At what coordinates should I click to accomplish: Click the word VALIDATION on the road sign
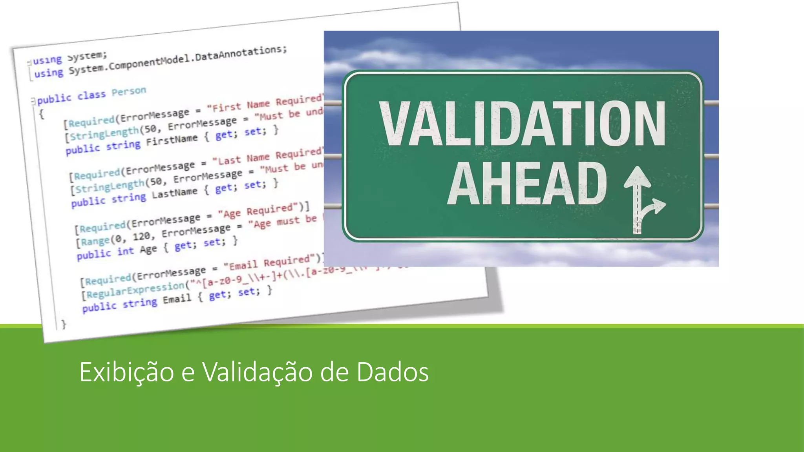[x=522, y=124]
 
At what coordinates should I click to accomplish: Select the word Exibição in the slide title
[x=126, y=372]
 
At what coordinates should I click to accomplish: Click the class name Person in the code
[x=128, y=92]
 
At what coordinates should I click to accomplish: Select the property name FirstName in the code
[x=172, y=140]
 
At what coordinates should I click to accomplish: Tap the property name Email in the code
[x=177, y=299]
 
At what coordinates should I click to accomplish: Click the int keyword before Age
[x=126, y=251]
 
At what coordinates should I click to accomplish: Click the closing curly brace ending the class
[x=64, y=324]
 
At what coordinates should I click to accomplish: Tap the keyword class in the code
[x=91, y=95]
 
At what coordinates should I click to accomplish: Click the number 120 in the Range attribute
[x=141, y=236]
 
